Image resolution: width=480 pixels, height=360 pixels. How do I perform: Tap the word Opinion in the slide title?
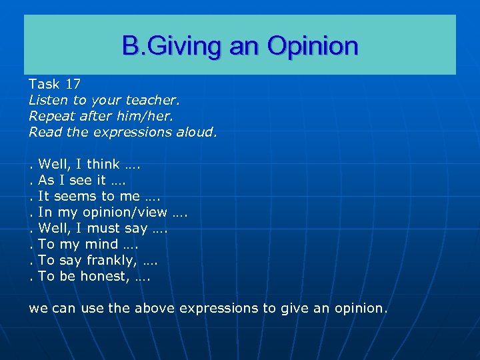coord(313,46)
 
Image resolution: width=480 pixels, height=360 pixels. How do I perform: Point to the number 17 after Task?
coord(73,84)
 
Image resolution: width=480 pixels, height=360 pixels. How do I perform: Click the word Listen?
coord(48,100)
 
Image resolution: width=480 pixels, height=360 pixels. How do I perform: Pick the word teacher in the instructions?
coord(153,100)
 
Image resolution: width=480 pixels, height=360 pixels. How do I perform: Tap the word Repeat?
coord(51,116)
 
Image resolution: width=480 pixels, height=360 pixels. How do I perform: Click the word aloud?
coord(195,132)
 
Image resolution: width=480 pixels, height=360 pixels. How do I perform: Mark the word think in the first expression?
coord(103,164)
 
